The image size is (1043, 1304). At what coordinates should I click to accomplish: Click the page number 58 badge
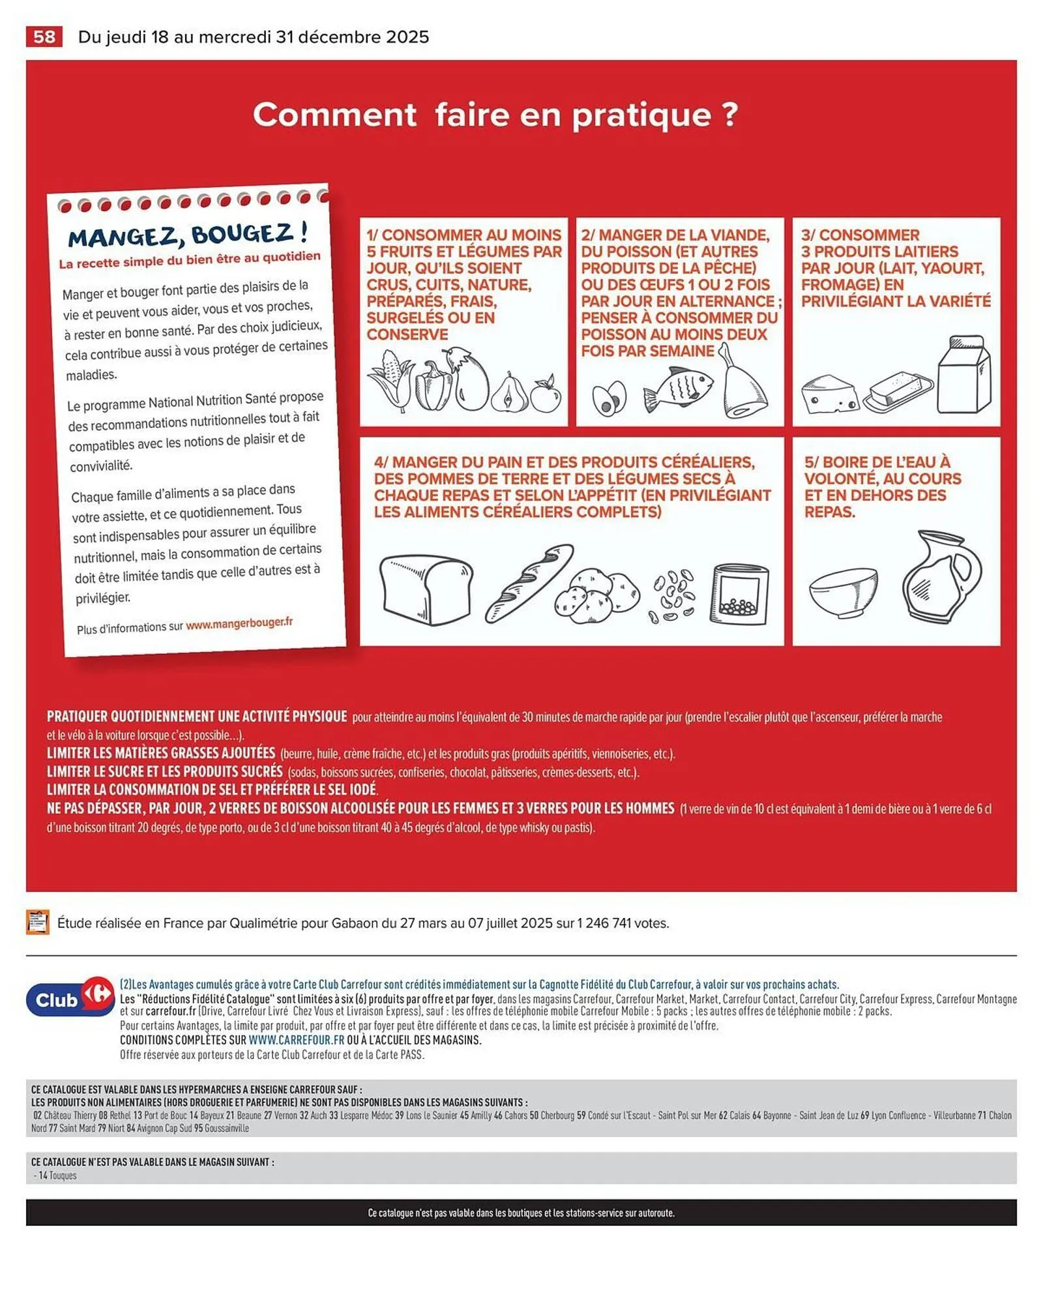point(44,37)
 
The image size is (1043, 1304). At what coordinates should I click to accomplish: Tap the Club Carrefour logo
point(69,1000)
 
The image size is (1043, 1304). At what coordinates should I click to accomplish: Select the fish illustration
point(678,389)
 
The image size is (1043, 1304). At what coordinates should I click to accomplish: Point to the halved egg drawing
point(609,398)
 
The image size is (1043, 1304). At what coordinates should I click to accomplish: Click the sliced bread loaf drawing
point(426,590)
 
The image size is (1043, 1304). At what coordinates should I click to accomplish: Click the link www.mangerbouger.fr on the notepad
point(239,623)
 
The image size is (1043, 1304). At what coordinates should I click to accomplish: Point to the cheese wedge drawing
point(829,394)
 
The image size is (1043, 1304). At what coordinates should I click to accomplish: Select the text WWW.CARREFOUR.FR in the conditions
point(296,1040)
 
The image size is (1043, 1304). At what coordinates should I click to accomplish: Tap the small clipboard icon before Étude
point(37,922)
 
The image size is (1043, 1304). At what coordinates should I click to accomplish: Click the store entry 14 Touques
point(57,1176)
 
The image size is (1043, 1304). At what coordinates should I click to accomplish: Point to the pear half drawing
point(509,393)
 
